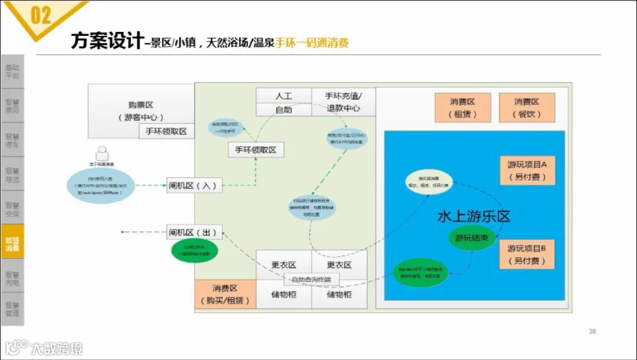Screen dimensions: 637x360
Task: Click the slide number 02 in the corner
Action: (41, 15)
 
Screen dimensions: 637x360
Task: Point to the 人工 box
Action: (283, 96)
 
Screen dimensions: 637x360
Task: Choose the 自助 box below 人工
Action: (283, 109)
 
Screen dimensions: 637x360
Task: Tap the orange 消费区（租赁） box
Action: (462, 108)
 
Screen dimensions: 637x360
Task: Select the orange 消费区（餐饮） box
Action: (527, 108)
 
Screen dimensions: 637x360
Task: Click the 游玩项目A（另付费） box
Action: (527, 170)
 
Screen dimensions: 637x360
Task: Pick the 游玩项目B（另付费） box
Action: (527, 254)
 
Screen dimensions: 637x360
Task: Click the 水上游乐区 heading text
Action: (474, 216)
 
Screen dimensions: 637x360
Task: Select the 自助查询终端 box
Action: (312, 279)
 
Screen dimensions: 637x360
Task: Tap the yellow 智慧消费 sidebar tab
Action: (12, 243)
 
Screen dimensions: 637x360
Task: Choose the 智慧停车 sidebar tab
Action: (12, 139)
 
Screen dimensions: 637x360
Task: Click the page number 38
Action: (592, 331)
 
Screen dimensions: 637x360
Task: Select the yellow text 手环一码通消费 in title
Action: (311, 42)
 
